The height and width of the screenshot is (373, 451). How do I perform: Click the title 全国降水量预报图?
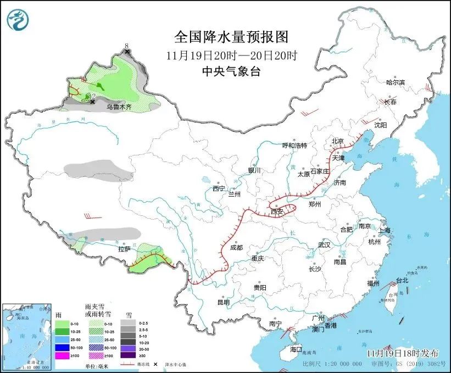(x=231, y=37)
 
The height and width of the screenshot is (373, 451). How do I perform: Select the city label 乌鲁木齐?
(x=119, y=107)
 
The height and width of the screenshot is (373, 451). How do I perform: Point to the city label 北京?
(x=337, y=141)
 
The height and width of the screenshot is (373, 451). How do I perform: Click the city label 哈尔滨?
(x=395, y=82)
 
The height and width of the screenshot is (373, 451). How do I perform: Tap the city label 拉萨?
(x=124, y=249)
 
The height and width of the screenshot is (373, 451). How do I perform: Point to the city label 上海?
(x=383, y=230)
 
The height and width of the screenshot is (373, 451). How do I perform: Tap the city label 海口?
(x=296, y=349)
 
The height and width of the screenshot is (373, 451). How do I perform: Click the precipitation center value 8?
(x=126, y=46)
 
